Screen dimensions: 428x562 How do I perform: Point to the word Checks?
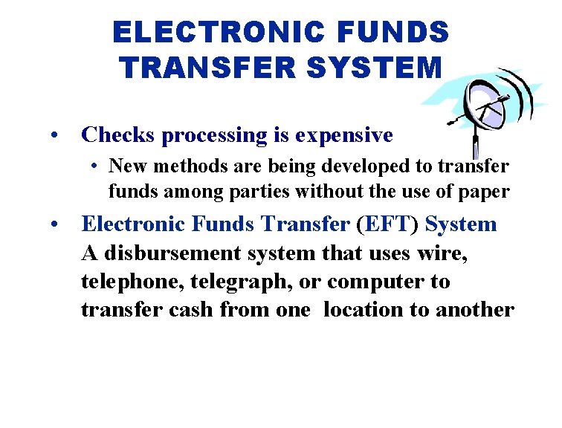pyautogui.click(x=119, y=135)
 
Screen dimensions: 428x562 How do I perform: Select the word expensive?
pyautogui.click(x=343, y=135)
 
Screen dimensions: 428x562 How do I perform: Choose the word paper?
pyautogui.click(x=485, y=192)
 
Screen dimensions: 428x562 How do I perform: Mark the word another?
pyautogui.click(x=475, y=310)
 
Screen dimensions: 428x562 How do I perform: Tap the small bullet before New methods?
pyautogui.click(x=97, y=165)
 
